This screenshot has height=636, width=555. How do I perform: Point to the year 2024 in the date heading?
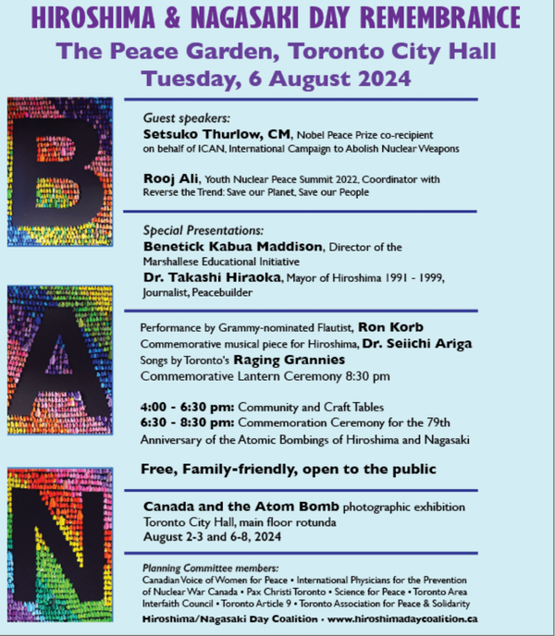382,77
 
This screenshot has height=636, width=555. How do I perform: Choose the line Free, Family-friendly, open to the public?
289,470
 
